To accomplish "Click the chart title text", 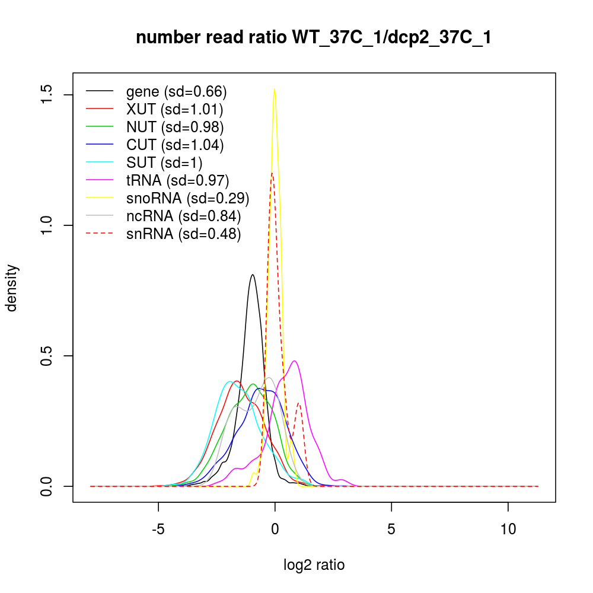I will pyautogui.click(x=314, y=38).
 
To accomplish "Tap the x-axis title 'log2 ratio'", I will pyautogui.click(x=314, y=565).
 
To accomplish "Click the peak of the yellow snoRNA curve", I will pyautogui.click(x=274, y=89).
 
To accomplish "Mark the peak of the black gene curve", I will pyautogui.click(x=253, y=275).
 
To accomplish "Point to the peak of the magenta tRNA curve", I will pyautogui.click(x=294, y=361).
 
